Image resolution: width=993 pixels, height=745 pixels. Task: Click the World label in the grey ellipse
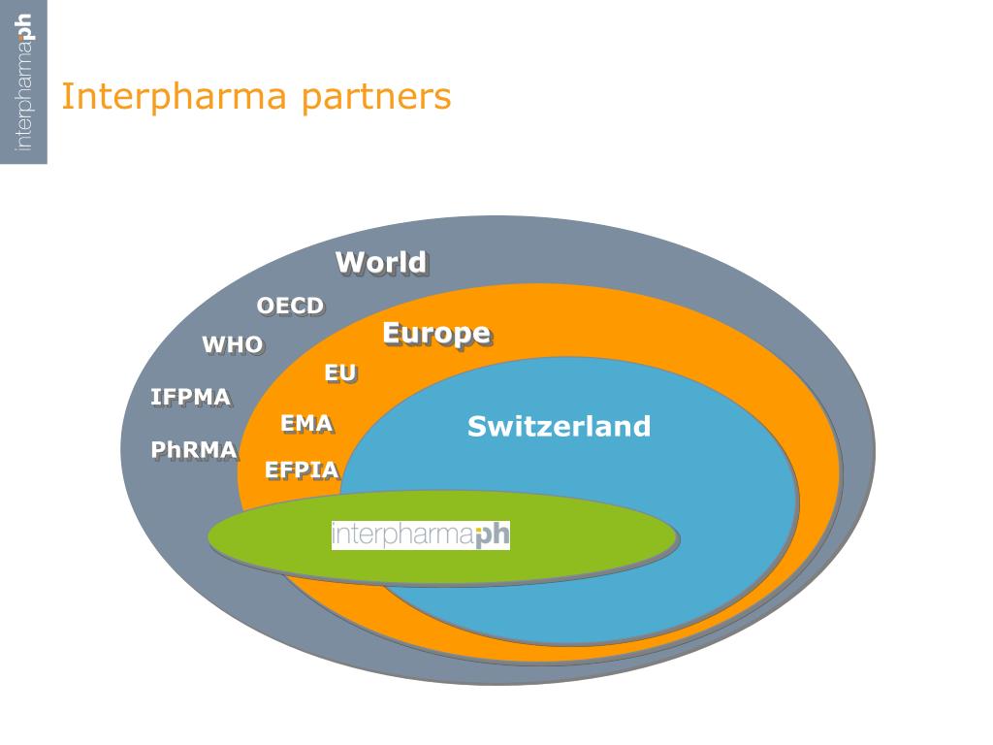click(380, 262)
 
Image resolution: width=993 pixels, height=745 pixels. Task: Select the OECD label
click(290, 306)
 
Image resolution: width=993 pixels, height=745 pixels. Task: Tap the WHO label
click(232, 344)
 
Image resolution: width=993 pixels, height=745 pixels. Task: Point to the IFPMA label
click(190, 397)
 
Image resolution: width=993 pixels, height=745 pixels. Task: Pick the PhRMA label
click(194, 450)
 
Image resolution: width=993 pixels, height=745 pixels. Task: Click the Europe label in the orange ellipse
click(435, 333)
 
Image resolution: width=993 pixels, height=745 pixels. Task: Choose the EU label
click(339, 372)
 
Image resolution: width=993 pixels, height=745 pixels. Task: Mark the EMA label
click(306, 423)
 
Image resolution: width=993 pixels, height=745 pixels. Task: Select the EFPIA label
click(302, 470)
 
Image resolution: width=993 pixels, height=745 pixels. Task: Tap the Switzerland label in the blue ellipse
click(559, 426)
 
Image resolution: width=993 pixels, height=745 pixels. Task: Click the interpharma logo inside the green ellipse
click(420, 535)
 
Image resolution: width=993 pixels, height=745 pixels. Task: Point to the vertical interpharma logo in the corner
click(24, 82)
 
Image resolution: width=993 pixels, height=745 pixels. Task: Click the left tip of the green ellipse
click(211, 535)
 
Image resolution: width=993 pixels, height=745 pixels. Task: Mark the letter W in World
click(350, 262)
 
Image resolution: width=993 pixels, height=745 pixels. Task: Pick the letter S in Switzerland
click(476, 426)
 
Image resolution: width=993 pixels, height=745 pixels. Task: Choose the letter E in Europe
click(392, 333)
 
